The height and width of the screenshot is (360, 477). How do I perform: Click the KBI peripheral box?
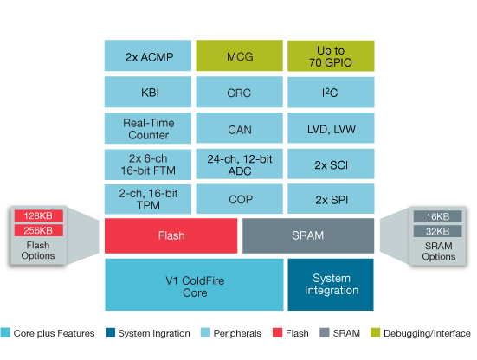pos(148,91)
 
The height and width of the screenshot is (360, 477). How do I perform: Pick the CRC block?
pos(239,91)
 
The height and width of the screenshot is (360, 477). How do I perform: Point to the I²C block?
pos(331,91)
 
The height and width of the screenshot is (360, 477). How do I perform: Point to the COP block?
pos(239,198)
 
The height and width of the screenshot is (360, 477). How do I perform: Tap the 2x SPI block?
pos(331,198)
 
